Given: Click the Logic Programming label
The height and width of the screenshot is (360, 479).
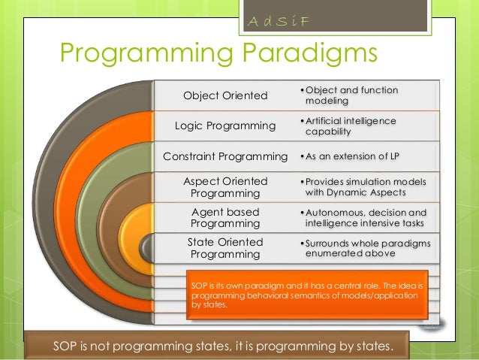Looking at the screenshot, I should pos(224,125).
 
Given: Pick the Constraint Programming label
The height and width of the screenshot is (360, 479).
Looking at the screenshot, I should pos(226,156).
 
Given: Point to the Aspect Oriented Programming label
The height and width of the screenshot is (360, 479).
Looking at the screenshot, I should pos(225,187).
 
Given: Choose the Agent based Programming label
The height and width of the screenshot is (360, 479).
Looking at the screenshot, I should pos(225,218).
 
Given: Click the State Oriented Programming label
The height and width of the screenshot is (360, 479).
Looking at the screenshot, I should pos(225,248).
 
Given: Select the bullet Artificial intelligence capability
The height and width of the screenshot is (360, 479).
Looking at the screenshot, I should pos(350,126).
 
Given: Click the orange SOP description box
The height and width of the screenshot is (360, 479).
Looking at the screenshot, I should pos(307,296).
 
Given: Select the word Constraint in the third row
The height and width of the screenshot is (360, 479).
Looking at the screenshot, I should pos(194,156).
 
